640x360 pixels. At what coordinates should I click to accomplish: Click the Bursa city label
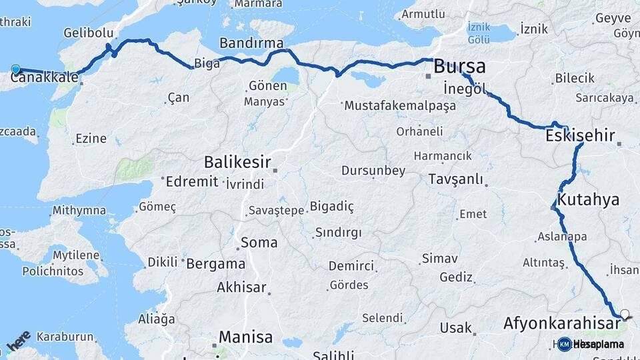point(459,67)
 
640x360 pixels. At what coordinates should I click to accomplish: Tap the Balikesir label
point(237,161)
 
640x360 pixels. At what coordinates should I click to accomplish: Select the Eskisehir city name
point(579,135)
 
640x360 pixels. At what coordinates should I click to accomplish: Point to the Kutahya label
point(589,199)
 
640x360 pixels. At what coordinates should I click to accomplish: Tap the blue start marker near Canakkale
point(16,69)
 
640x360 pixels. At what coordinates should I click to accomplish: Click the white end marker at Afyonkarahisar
point(625,313)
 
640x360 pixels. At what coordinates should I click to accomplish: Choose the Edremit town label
point(192,182)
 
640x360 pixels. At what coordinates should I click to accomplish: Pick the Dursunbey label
point(373,171)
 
